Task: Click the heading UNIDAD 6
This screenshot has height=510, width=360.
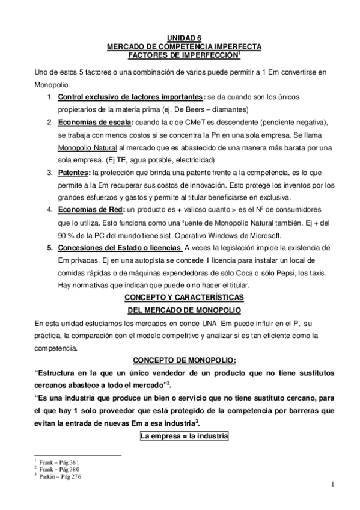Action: [x=183, y=37]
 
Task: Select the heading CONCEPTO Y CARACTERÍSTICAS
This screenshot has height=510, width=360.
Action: [x=183, y=298]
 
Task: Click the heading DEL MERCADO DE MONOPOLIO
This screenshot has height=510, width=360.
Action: [x=183, y=310]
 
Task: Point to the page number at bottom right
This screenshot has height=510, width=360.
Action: [x=332, y=485]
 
